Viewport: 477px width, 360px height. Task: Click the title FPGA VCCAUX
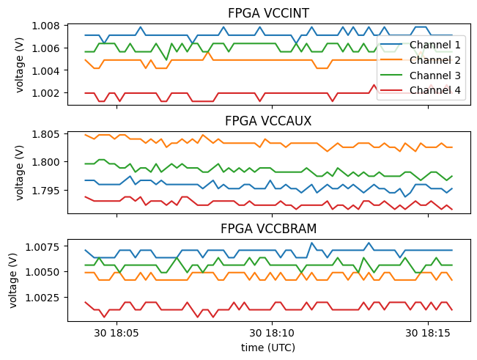click(267, 121)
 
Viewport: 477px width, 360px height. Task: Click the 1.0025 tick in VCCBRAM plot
click(46, 298)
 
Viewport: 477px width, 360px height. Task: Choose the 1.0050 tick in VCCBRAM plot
click(46, 272)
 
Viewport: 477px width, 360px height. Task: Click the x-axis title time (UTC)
click(267, 348)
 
